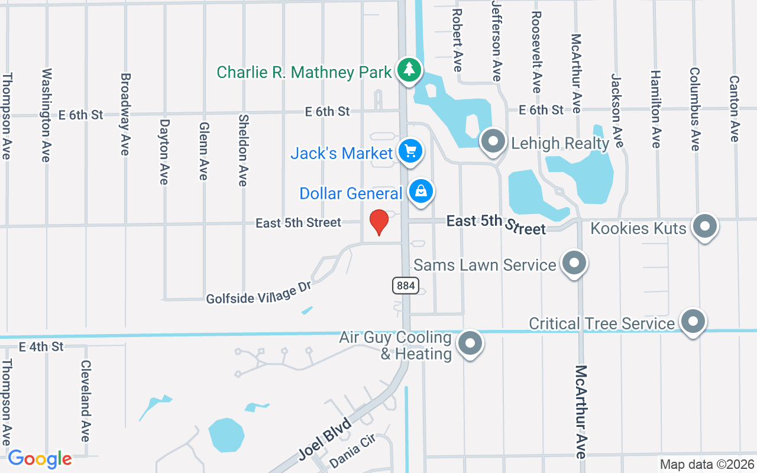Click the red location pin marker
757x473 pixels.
(x=378, y=222)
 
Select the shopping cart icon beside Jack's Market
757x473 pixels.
(x=410, y=152)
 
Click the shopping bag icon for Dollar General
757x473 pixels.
(x=420, y=192)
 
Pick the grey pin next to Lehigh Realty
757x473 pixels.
(x=493, y=142)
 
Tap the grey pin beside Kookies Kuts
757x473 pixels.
(x=704, y=227)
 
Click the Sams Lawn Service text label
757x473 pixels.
(x=485, y=265)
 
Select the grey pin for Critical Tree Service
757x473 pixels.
(x=693, y=322)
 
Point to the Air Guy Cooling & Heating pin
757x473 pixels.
(x=471, y=343)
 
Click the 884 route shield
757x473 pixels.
(x=406, y=286)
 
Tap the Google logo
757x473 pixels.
(x=40, y=459)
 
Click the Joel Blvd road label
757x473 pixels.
(x=325, y=439)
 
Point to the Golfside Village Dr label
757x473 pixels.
(x=258, y=292)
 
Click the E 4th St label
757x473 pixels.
(x=41, y=346)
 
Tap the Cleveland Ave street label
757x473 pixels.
(x=86, y=401)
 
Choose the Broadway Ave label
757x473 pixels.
(x=125, y=114)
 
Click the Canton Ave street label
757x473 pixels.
(x=735, y=108)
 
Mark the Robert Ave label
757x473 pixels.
(x=457, y=40)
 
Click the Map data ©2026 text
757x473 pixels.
(x=707, y=465)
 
